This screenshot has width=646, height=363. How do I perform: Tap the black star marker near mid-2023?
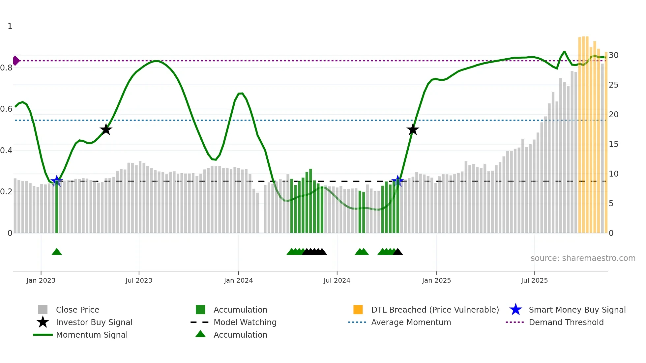coord(106,129)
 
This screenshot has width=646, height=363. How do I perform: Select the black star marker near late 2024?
coord(413,129)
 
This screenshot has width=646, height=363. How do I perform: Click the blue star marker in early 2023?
coord(57,181)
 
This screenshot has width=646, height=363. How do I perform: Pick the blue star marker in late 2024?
coord(397,181)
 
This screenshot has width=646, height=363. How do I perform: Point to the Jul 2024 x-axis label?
coord(337,280)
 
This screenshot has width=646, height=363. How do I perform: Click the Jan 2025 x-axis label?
coord(436,280)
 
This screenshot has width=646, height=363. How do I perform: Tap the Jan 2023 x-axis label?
coord(41,280)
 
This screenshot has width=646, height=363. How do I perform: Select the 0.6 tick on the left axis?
coord(6,109)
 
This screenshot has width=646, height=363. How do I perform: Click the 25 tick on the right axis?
coord(613,85)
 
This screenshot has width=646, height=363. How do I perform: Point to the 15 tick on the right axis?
coord(613,144)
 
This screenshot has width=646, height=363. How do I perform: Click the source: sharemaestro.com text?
coord(583,258)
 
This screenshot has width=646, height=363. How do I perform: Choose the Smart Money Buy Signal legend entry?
coord(577,310)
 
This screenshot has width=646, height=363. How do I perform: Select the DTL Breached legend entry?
coord(435,310)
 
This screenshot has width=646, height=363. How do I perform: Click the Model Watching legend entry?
coord(245,322)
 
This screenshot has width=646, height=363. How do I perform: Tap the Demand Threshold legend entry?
coord(566,322)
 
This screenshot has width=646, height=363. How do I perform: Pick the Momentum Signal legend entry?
coord(92,335)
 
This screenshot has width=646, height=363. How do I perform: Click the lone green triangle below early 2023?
coord(57,252)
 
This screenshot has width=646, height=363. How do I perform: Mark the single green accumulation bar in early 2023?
coord(57,208)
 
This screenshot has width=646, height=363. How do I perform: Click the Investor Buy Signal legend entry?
coord(94,322)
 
